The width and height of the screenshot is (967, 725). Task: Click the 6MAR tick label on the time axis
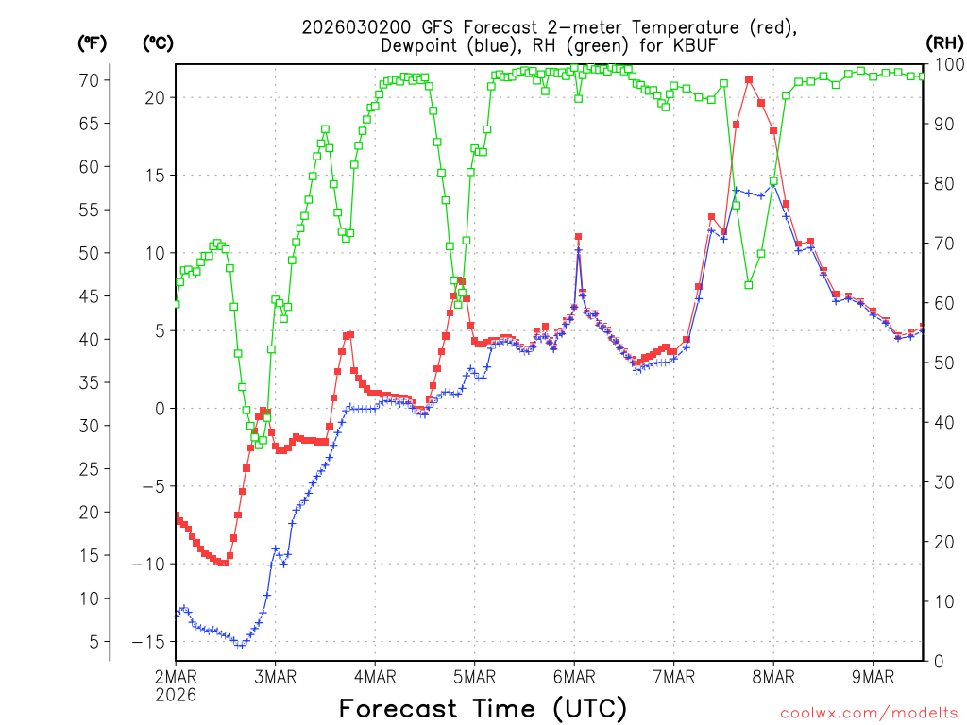coord(573,677)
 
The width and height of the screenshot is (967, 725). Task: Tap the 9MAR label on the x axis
coord(873,677)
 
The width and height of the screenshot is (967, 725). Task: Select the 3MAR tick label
coord(275,677)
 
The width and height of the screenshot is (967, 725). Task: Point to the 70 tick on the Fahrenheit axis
coord(89,80)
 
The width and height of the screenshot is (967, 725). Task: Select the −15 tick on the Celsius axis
coord(153,642)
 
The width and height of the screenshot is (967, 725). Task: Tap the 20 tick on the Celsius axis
coord(157,97)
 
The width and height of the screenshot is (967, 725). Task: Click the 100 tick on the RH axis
coord(946,64)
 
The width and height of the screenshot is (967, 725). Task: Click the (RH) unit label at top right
coord(944,42)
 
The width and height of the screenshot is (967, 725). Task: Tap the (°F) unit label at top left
coord(92,42)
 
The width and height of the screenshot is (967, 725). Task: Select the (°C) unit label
coord(157,42)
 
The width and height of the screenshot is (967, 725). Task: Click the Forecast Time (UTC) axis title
coord(483,708)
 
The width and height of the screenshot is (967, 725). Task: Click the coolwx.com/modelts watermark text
coord(868,711)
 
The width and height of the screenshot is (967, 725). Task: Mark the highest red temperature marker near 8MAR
coord(749,80)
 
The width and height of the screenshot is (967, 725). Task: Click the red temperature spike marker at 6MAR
coord(578,237)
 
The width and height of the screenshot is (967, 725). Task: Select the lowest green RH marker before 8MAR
coord(749,284)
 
